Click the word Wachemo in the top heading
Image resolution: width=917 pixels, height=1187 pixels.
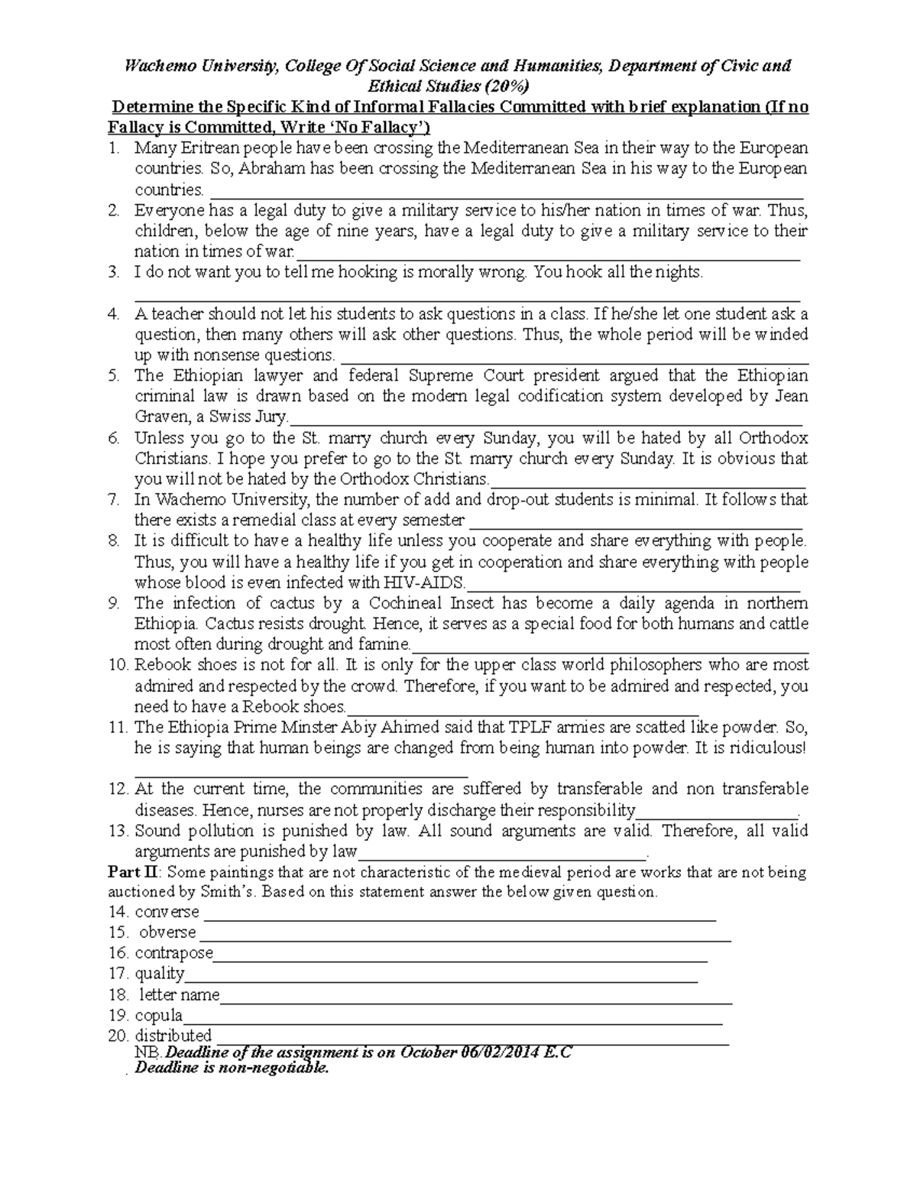156,66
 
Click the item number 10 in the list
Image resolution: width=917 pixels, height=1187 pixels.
118,665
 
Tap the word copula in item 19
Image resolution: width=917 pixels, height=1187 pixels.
158,1016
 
